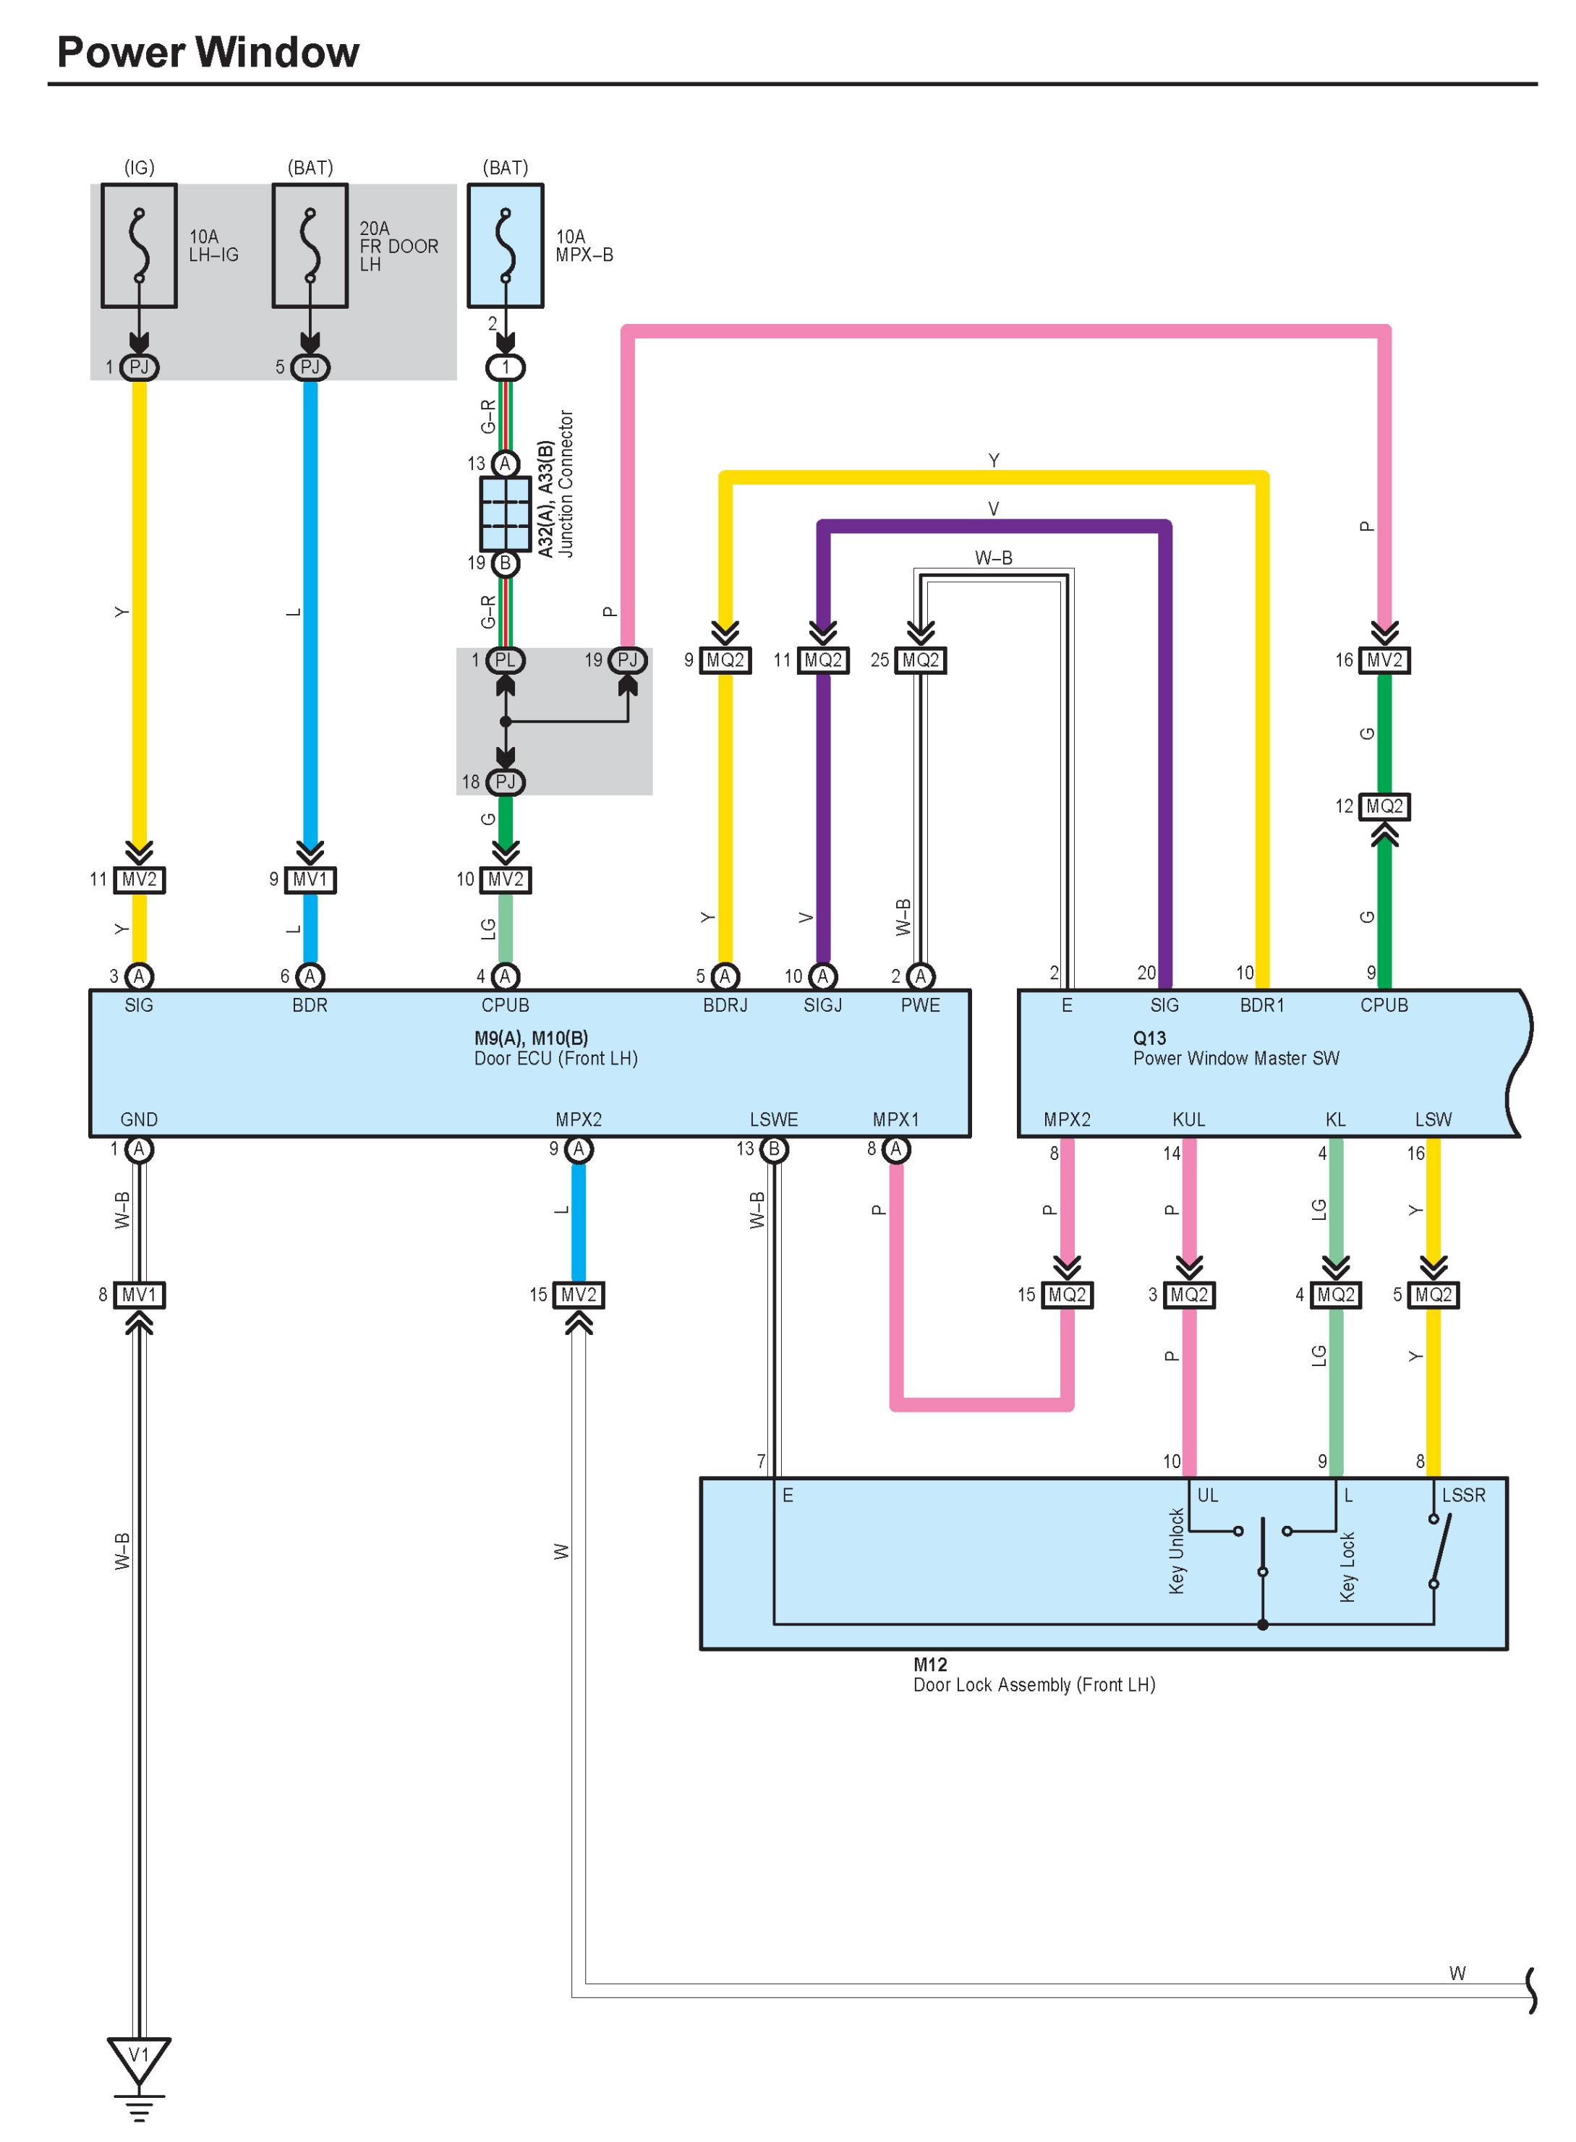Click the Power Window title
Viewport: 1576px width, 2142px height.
point(208,53)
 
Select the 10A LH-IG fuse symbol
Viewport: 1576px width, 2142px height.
point(140,245)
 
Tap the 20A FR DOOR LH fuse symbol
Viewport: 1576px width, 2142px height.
point(310,245)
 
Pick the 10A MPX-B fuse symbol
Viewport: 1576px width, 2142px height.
point(506,245)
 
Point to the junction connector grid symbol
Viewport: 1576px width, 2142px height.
point(505,514)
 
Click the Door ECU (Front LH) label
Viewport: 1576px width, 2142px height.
point(556,1059)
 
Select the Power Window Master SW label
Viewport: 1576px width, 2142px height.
point(1236,1059)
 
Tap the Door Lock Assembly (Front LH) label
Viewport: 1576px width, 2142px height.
point(1034,1685)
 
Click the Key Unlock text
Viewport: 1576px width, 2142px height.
point(1176,1550)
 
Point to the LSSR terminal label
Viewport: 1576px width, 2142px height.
point(1463,1495)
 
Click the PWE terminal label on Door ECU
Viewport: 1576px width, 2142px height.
point(921,1005)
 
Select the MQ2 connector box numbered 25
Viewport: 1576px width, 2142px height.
point(921,660)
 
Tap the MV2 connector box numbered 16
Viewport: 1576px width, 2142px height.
point(1384,660)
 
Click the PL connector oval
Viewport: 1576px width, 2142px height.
point(506,660)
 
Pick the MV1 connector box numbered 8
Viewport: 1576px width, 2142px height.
point(140,1295)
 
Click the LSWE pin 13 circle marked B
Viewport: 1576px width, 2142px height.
point(774,1149)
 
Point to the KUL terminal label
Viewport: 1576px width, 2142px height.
point(1188,1119)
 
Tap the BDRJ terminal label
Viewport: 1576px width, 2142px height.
point(725,1005)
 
